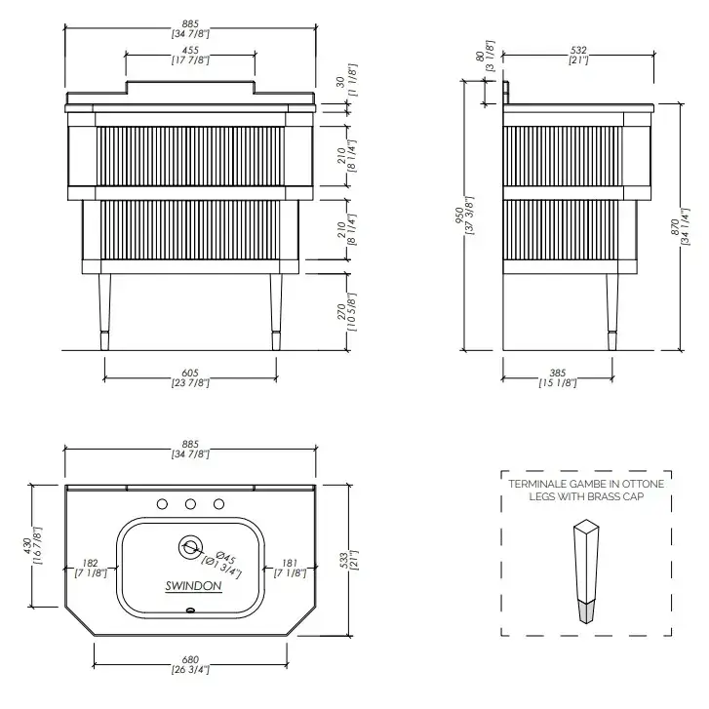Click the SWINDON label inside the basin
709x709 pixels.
click(193, 586)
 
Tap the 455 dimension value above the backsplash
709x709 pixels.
click(190, 50)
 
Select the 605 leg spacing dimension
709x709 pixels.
click(190, 374)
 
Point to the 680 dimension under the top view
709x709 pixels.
click(190, 659)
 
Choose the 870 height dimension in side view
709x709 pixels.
click(675, 226)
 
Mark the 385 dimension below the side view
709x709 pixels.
click(558, 374)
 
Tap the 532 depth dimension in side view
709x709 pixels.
click(578, 50)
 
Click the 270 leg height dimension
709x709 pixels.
click(341, 312)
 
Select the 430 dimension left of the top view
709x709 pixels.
click(27, 546)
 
